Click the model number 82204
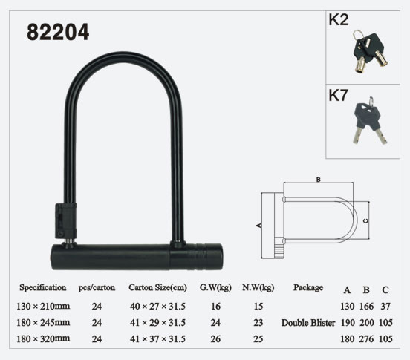58,33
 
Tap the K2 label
339,19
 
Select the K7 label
339,95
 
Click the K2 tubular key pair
369,51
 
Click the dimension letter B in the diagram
318,180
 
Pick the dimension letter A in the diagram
259,225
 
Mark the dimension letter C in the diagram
366,220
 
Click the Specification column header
43,288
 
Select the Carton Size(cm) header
157,288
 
